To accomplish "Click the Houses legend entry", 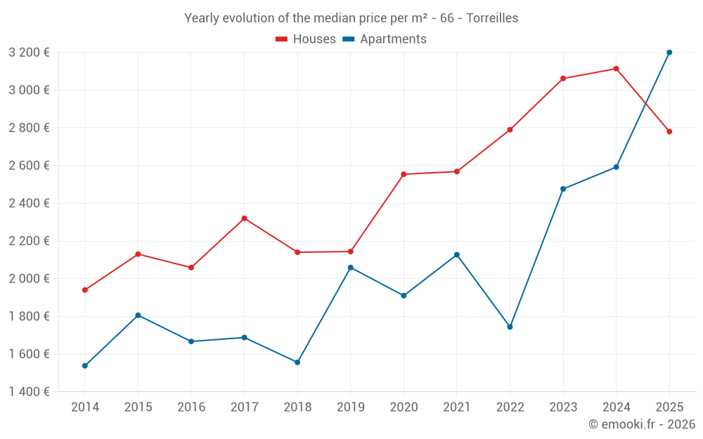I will tap(306, 39).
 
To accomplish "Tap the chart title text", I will tap(351, 18).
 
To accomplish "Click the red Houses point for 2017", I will tap(244, 218).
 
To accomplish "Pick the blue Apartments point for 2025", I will tap(669, 53).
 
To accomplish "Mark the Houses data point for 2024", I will tap(616, 69).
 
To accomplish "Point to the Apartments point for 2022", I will tap(510, 327).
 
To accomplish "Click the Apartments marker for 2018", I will tap(297, 362).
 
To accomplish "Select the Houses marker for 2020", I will tap(404, 174).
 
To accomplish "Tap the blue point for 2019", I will tap(351, 268).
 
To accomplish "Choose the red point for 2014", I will tap(85, 290).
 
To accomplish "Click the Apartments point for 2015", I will tap(138, 315).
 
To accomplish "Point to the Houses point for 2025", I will tap(669, 131).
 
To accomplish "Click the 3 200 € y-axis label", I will tap(29, 52).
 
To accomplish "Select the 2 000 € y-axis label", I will tap(29, 278).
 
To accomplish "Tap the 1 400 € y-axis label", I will tap(29, 391).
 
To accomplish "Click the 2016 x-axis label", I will tap(191, 407).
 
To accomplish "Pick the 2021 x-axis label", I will tap(457, 407).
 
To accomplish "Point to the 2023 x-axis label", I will tap(563, 407).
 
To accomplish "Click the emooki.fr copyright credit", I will tap(641, 424).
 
